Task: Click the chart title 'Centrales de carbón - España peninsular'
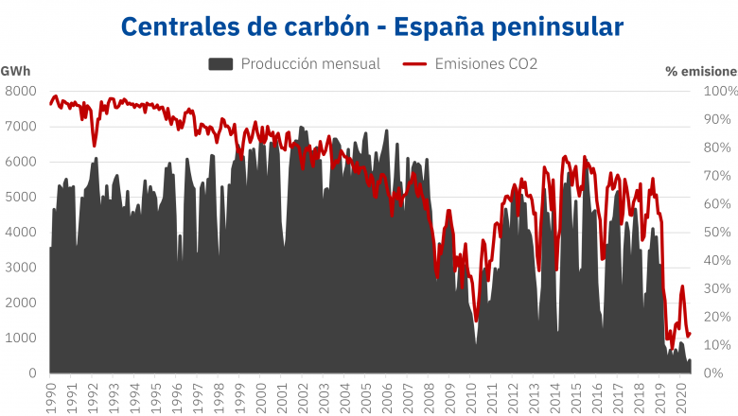372,26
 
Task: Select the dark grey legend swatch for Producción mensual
220,64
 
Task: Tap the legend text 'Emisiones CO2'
485,64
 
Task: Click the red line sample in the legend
414,64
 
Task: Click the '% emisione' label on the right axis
701,71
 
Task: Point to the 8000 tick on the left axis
21,91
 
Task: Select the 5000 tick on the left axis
21,197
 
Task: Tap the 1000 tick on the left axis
21,338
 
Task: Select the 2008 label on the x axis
429,392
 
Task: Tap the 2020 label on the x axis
681,392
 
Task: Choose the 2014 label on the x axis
554,392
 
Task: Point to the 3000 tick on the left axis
21,268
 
